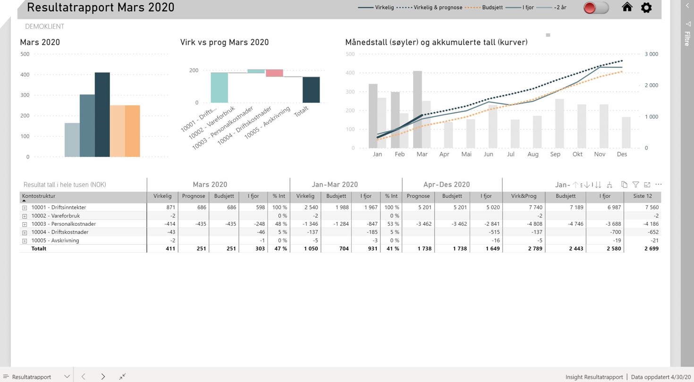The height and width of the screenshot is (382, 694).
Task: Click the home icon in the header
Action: pyautogui.click(x=627, y=7)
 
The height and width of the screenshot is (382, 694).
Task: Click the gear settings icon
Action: pyautogui.click(x=646, y=8)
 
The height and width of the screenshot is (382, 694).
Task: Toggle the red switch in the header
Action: pyautogui.click(x=596, y=8)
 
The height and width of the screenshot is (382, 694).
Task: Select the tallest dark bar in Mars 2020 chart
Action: pyautogui.click(x=102, y=115)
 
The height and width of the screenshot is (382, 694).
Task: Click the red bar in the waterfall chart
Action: pyautogui.click(x=274, y=73)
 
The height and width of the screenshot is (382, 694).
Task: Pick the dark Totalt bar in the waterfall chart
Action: pyautogui.click(x=311, y=90)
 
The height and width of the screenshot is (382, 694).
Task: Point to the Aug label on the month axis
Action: pyautogui.click(x=533, y=154)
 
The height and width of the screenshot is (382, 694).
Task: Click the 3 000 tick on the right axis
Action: pyautogui.click(x=651, y=54)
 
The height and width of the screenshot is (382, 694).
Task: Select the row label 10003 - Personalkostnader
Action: pyautogui.click(x=63, y=224)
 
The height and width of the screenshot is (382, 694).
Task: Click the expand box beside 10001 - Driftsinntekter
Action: pyautogui.click(x=25, y=208)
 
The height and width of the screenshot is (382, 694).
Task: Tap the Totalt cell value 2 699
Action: pyautogui.click(x=651, y=248)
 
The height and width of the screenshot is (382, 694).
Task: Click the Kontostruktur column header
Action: pyautogui.click(x=39, y=196)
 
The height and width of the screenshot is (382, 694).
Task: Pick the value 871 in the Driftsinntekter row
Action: pyautogui.click(x=170, y=207)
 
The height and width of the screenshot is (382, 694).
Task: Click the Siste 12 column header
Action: pyautogui.click(x=642, y=196)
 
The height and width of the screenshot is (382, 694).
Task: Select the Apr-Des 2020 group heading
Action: pyautogui.click(x=446, y=185)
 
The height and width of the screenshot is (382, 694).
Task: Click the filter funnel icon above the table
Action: pyautogui.click(x=636, y=185)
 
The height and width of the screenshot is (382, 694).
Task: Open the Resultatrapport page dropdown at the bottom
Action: pyautogui.click(x=67, y=376)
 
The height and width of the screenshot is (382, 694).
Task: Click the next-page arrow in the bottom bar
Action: pyautogui.click(x=103, y=376)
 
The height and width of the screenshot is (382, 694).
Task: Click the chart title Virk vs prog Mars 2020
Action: pyautogui.click(x=224, y=42)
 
